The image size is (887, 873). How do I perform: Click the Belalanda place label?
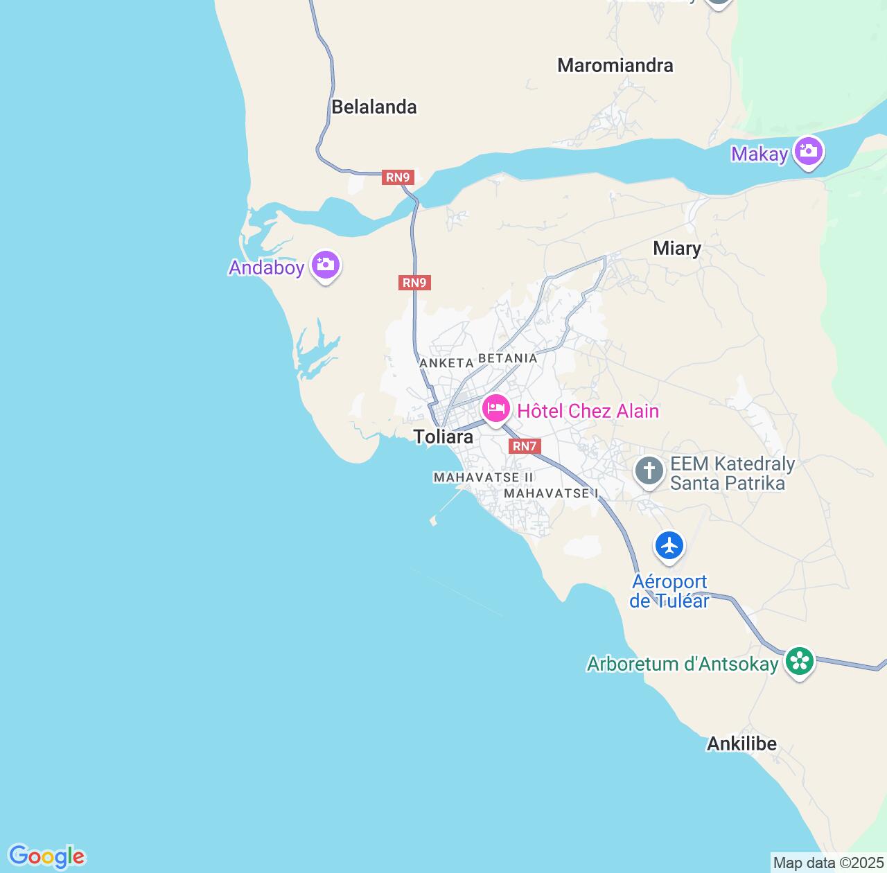[x=374, y=107]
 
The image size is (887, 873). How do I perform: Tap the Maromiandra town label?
[x=615, y=65]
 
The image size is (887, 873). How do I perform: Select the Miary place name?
[x=677, y=248]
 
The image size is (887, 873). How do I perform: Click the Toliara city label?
[x=443, y=436]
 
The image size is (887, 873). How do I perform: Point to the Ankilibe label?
[x=741, y=744]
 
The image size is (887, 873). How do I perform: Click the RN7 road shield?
[x=525, y=446]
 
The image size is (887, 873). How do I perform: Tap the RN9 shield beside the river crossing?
[x=398, y=177]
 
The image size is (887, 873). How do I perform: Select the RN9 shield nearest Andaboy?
[x=414, y=283]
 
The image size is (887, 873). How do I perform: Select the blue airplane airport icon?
[x=669, y=546]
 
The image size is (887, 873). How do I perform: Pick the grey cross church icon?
[x=649, y=472]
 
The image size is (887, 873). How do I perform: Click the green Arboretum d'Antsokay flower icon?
[x=800, y=662]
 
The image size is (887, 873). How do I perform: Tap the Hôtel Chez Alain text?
[x=588, y=411]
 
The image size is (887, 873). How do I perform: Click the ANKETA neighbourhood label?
[x=446, y=362]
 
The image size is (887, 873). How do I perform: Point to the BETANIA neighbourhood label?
[x=508, y=358]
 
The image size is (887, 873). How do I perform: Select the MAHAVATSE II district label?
[x=483, y=477]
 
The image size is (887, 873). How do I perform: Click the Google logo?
[x=46, y=856]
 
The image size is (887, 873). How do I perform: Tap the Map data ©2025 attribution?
[x=828, y=863]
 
